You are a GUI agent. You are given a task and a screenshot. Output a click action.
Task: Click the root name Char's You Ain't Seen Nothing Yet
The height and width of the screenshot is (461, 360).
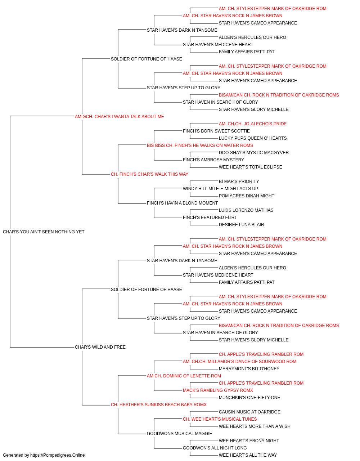coord(44,232)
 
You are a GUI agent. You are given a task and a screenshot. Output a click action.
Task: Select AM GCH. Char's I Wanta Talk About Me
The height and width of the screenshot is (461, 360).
coord(120,116)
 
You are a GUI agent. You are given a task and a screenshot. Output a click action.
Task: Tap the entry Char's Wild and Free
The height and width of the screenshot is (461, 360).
coord(100,347)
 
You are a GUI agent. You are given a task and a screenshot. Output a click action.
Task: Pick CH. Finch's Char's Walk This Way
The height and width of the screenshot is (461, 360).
coord(149,174)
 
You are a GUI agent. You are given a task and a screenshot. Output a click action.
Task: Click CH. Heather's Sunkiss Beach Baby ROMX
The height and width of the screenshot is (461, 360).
coord(159,404)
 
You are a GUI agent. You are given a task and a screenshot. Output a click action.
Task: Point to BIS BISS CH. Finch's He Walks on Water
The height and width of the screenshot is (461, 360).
coord(200,145)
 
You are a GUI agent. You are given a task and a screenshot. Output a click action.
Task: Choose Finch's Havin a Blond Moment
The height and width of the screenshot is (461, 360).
coord(182,203)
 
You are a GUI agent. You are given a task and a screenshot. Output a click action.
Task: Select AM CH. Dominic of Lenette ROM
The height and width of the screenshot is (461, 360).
coord(184,376)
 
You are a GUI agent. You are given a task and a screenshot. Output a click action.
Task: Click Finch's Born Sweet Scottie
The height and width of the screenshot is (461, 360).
coord(216,131)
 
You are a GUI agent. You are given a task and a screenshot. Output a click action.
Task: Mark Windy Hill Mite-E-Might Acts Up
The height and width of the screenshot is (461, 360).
coord(220,189)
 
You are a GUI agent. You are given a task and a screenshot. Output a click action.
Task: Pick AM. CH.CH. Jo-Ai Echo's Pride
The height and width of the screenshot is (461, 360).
coord(253,124)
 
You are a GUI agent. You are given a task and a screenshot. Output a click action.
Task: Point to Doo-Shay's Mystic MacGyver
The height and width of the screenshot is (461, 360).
coord(254,153)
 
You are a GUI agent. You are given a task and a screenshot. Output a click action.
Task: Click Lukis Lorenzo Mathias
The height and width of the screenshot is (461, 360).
coord(246,210)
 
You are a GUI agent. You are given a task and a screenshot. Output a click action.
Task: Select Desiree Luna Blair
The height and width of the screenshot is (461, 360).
coord(242,224)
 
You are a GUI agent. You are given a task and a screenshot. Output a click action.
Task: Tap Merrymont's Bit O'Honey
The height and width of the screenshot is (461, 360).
coord(249,368)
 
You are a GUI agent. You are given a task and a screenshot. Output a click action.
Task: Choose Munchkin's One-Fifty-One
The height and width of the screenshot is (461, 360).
coord(249,397)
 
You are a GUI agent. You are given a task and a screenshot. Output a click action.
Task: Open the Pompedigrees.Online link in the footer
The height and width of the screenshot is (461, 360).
coord(57,455)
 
